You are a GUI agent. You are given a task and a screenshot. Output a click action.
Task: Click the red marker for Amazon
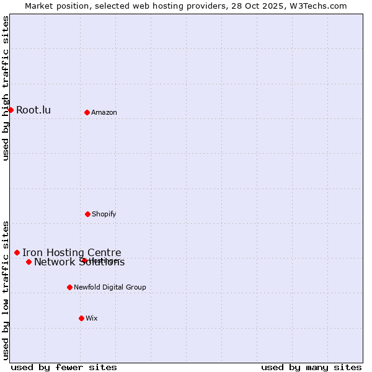tap(87, 112)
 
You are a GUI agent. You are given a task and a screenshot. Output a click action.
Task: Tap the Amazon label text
tap(104, 113)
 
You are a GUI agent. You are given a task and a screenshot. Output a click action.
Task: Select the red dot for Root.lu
tap(11, 110)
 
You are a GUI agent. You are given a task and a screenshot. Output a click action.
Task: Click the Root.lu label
tap(33, 110)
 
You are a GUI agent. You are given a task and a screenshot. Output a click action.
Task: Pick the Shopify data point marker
tap(87, 214)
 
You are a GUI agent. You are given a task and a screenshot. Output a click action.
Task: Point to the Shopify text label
tap(104, 215)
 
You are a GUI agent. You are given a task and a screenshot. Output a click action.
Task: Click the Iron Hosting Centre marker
tap(17, 252)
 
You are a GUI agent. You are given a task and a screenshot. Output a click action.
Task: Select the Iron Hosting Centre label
tap(72, 252)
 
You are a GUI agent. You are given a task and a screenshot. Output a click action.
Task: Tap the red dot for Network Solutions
tap(29, 262)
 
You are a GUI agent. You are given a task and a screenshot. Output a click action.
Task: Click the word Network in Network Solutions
tap(53, 262)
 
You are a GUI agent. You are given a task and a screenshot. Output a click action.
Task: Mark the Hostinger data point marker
tap(84, 260)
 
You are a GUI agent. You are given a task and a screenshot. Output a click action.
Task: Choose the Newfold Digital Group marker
tap(69, 287)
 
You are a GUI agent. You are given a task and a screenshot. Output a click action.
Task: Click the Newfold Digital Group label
tap(110, 288)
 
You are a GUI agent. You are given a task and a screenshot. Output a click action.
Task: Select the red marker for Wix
tap(81, 318)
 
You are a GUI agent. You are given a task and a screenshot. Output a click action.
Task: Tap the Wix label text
tap(92, 319)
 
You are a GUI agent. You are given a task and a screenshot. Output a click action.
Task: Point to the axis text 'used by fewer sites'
tap(64, 367)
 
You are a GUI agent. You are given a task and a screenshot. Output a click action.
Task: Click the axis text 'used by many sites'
tap(311, 367)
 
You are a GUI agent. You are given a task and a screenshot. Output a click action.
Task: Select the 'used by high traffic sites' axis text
tap(6, 89)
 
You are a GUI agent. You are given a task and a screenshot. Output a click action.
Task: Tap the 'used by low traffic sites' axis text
tap(6, 290)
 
